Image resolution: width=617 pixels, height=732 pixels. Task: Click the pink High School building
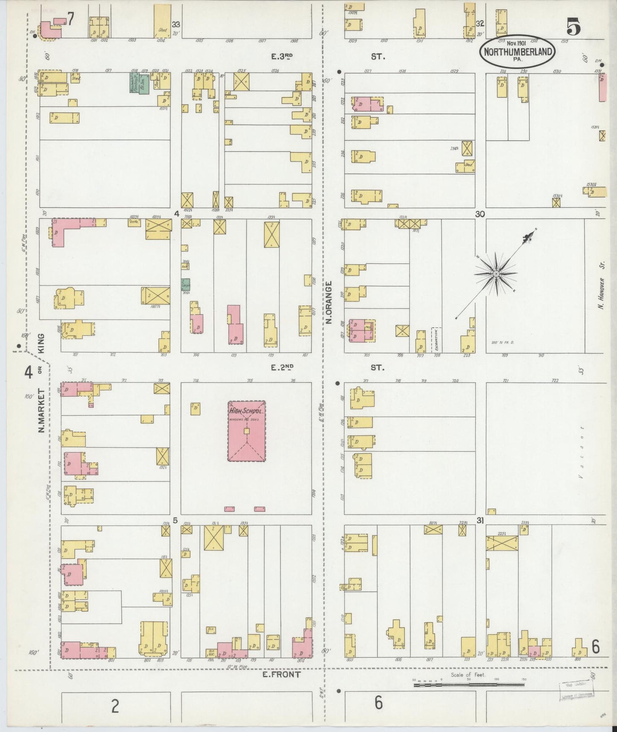246,431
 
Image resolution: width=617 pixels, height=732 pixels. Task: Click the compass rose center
496,273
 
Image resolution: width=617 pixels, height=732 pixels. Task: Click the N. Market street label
42,410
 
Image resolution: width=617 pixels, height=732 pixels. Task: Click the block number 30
480,214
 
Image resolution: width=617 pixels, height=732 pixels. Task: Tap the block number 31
480,520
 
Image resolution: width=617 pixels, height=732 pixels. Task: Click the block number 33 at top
175,24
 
